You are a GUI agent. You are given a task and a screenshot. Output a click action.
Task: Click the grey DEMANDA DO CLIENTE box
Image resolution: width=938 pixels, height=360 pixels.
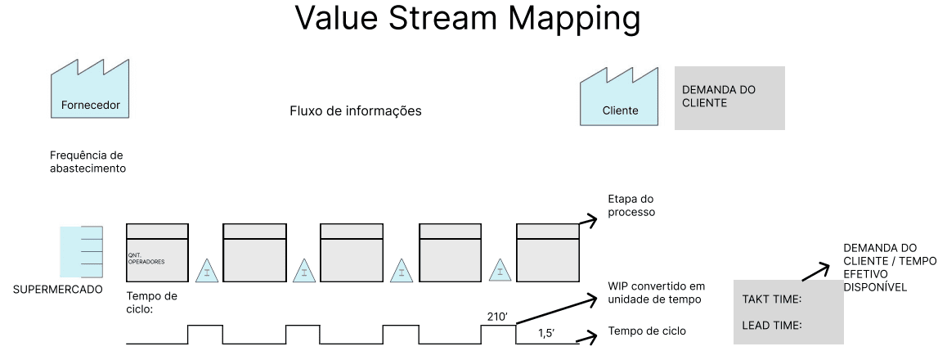click(x=729, y=98)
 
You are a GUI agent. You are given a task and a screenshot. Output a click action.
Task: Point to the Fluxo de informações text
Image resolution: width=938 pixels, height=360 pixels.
click(x=356, y=110)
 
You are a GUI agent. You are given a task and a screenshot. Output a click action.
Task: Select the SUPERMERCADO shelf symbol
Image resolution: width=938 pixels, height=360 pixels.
click(x=82, y=252)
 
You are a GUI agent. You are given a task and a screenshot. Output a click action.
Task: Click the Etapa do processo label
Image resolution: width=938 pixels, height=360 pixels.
click(x=630, y=205)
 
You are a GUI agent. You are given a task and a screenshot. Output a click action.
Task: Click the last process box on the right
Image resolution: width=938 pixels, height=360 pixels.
click(x=548, y=252)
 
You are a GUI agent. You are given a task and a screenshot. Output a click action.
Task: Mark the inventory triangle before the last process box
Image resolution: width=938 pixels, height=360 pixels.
click(x=500, y=271)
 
